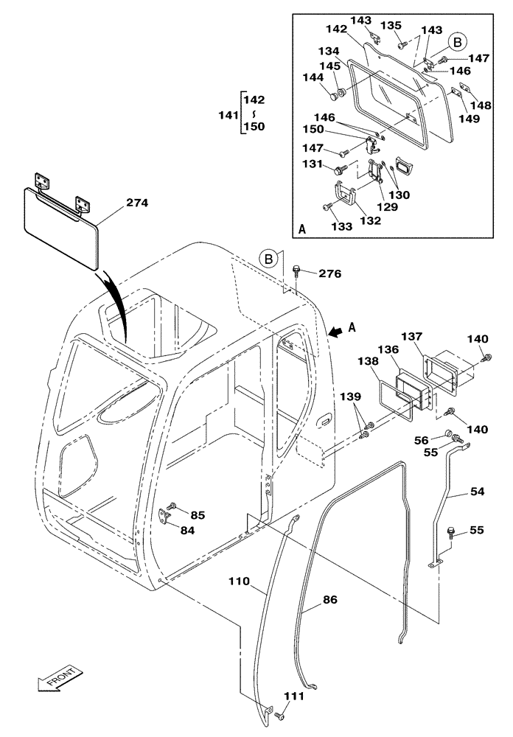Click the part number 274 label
tap(138, 203)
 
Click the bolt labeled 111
tap(279, 716)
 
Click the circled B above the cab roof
tap(270, 259)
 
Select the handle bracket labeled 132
tap(343, 196)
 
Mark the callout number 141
tap(229, 116)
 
